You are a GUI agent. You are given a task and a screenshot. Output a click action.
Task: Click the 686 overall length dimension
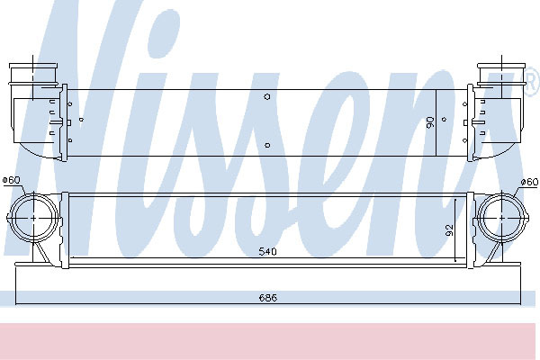click(x=267, y=298)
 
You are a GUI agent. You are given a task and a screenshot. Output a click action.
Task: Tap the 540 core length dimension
click(x=267, y=252)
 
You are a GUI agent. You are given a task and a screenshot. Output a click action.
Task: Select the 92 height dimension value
click(x=449, y=230)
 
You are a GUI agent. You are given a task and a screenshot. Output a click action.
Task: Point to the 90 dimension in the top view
click(x=430, y=122)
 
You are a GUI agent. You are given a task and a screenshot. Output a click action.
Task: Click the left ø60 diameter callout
click(x=12, y=180)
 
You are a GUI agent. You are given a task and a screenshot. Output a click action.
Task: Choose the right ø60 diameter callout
click(x=529, y=182)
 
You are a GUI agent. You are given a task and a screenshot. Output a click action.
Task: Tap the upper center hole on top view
click(x=267, y=97)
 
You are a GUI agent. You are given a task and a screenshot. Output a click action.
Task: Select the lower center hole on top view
click(x=267, y=146)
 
